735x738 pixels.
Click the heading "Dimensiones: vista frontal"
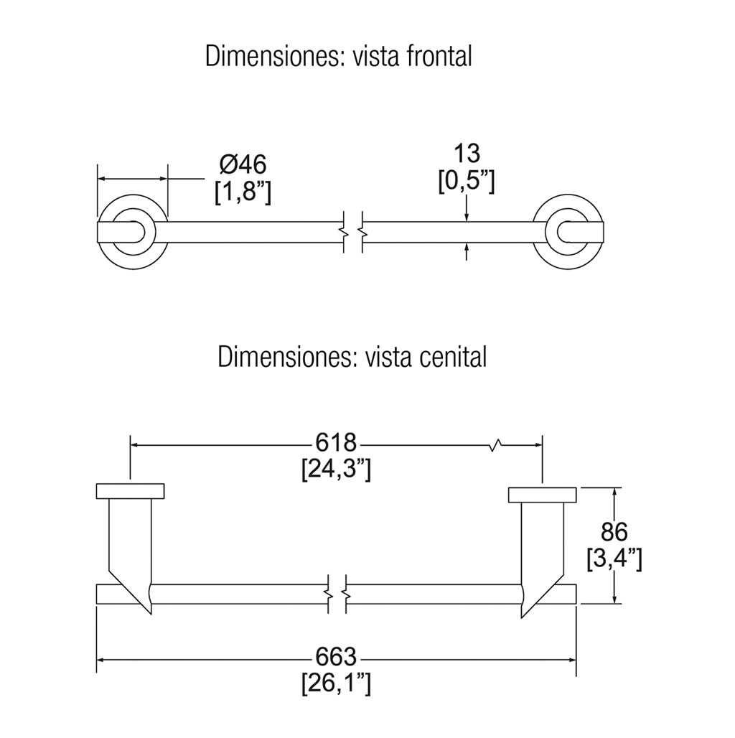[338, 56]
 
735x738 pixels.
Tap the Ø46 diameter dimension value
[243, 164]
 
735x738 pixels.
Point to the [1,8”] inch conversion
[243, 192]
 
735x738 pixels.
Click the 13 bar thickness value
[467, 153]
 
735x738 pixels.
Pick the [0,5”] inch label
[467, 180]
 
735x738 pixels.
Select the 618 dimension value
[336, 444]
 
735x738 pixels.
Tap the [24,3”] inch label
[336, 470]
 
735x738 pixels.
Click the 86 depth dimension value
[614, 532]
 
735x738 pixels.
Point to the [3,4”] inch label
[614, 559]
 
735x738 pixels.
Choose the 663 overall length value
[336, 656]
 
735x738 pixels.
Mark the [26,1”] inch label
[336, 683]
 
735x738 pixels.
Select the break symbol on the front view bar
[352, 231]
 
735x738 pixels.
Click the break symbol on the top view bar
[337, 594]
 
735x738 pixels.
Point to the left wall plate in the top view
[130, 492]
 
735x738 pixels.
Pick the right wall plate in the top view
[543, 495]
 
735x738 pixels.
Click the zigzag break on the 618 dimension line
[495, 445]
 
